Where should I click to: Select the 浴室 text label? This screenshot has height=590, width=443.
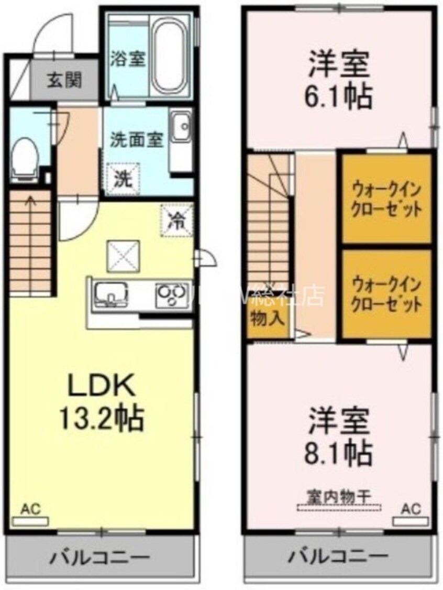(127, 59)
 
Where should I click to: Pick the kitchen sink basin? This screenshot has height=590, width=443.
(112, 294)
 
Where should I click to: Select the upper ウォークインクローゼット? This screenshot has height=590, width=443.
(387, 199)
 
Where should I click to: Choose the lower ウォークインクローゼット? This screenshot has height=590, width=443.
(387, 294)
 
